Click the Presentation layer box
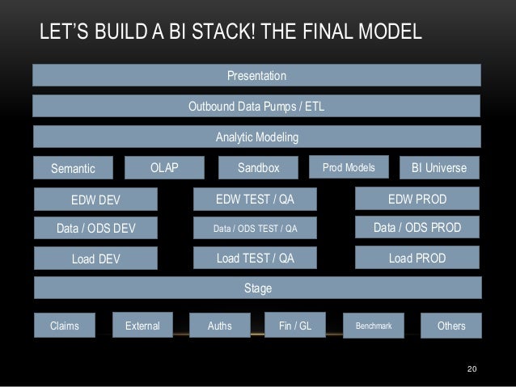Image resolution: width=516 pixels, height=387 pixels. tap(256, 75)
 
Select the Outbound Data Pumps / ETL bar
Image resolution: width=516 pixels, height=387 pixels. tap(256, 107)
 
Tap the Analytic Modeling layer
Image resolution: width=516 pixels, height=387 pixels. tap(256, 137)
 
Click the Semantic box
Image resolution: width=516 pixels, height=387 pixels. tap(73, 168)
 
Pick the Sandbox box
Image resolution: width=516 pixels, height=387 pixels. tap(258, 168)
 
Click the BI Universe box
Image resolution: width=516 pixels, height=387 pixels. tap(439, 168)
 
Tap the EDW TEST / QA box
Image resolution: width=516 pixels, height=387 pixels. tap(255, 198)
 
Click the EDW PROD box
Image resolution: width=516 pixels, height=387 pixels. tap(418, 198)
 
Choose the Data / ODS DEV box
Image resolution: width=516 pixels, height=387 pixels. tap(95, 229)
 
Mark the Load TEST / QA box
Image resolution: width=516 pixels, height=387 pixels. tap(255, 259)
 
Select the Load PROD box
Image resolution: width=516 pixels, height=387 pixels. tap(418, 259)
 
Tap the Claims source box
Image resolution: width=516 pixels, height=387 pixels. tap(64, 326)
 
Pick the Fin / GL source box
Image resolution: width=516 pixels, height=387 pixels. tap(295, 325)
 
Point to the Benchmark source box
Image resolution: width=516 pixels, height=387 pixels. tap(374, 326)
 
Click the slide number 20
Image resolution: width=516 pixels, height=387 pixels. tap(473, 369)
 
